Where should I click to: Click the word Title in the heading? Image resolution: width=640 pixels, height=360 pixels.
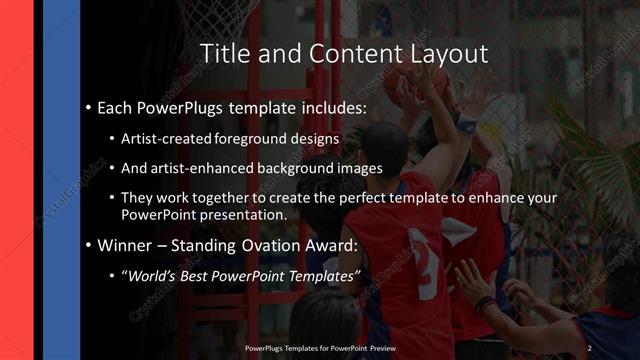226,53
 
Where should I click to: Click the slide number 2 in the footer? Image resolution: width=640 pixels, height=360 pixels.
589,347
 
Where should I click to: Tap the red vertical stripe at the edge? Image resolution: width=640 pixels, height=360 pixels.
16,180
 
